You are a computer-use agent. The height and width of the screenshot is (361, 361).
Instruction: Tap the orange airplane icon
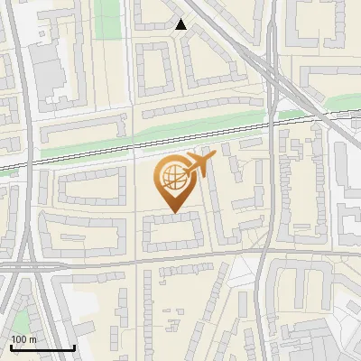click(x=199, y=165)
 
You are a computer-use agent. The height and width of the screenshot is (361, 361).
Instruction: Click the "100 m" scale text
click(x=23, y=338)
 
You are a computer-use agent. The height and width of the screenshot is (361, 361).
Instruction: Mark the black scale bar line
click(x=42, y=347)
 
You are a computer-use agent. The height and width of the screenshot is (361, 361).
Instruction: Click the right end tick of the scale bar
click(x=74, y=346)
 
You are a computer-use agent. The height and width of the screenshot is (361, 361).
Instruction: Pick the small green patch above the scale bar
click(x=20, y=320)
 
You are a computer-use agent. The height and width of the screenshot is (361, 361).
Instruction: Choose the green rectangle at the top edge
click(x=108, y=14)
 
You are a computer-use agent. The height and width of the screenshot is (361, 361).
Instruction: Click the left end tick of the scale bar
click(x=11, y=346)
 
